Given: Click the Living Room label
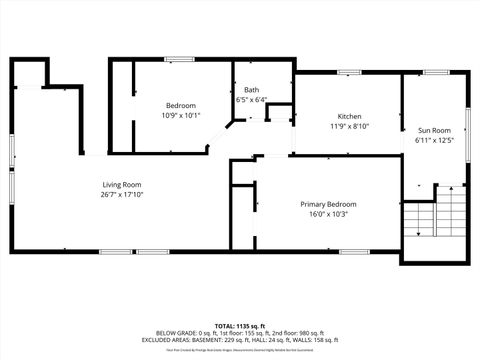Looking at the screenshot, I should pyautogui.click(x=122, y=184).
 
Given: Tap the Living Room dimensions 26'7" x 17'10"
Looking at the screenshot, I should pyautogui.click(x=122, y=195).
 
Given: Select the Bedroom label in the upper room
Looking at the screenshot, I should pyautogui.click(x=181, y=106).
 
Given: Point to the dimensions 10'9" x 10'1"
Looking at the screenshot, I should pyautogui.click(x=181, y=116).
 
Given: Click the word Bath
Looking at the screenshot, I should pyautogui.click(x=251, y=90).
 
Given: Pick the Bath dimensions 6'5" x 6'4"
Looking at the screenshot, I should pyautogui.click(x=251, y=100).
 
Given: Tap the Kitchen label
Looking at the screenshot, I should pyautogui.click(x=349, y=116).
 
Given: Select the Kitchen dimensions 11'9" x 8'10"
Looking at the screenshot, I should pyautogui.click(x=349, y=126).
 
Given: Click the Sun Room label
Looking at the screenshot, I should pyautogui.click(x=434, y=130).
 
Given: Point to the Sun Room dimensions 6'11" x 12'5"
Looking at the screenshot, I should pyautogui.click(x=434, y=140).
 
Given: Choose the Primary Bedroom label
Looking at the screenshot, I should pyautogui.click(x=328, y=204).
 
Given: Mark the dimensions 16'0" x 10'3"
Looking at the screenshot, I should pyautogui.click(x=328, y=214).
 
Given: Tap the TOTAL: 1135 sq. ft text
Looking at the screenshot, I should pyautogui.click(x=240, y=326).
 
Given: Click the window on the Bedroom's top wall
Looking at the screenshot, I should pyautogui.click(x=179, y=59).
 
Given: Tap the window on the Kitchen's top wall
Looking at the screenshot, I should pyautogui.click(x=349, y=72).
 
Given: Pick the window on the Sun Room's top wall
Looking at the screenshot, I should pyautogui.click(x=435, y=72).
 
